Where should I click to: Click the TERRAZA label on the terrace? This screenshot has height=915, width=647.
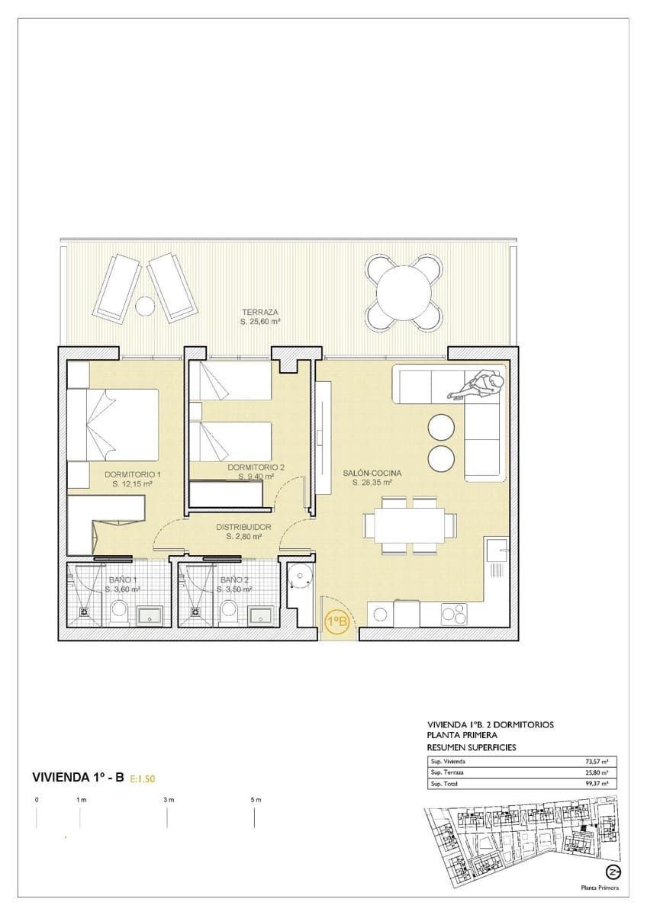tap(260, 312)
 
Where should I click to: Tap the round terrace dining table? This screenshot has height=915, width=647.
tap(404, 291)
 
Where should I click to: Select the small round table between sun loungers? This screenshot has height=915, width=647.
tap(144, 306)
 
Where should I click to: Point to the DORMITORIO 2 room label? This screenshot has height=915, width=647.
tap(256, 467)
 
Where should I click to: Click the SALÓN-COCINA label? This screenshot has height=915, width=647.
tap(372, 473)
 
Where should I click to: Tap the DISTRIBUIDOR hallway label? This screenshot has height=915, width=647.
tap(244, 526)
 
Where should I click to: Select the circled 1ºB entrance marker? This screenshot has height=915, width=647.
tap(337, 621)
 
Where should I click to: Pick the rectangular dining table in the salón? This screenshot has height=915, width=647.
tap(404, 525)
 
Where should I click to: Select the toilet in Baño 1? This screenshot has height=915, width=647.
tap(119, 611)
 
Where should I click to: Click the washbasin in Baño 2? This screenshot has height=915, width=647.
tap(262, 614)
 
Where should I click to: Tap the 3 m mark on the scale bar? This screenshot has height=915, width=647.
tap(168, 800)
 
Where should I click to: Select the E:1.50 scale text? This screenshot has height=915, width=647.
tap(143, 779)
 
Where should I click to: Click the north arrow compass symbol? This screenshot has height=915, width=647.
tap(612, 872)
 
